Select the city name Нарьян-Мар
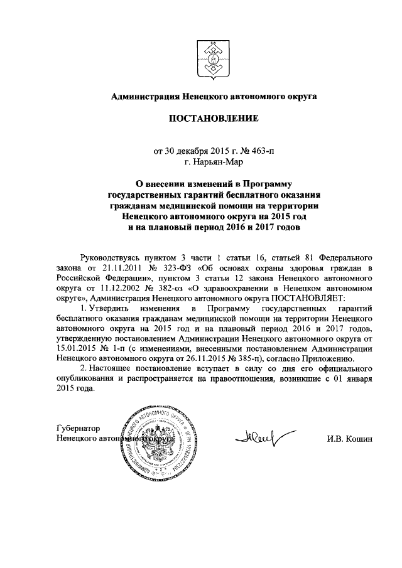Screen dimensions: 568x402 click(214, 162)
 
